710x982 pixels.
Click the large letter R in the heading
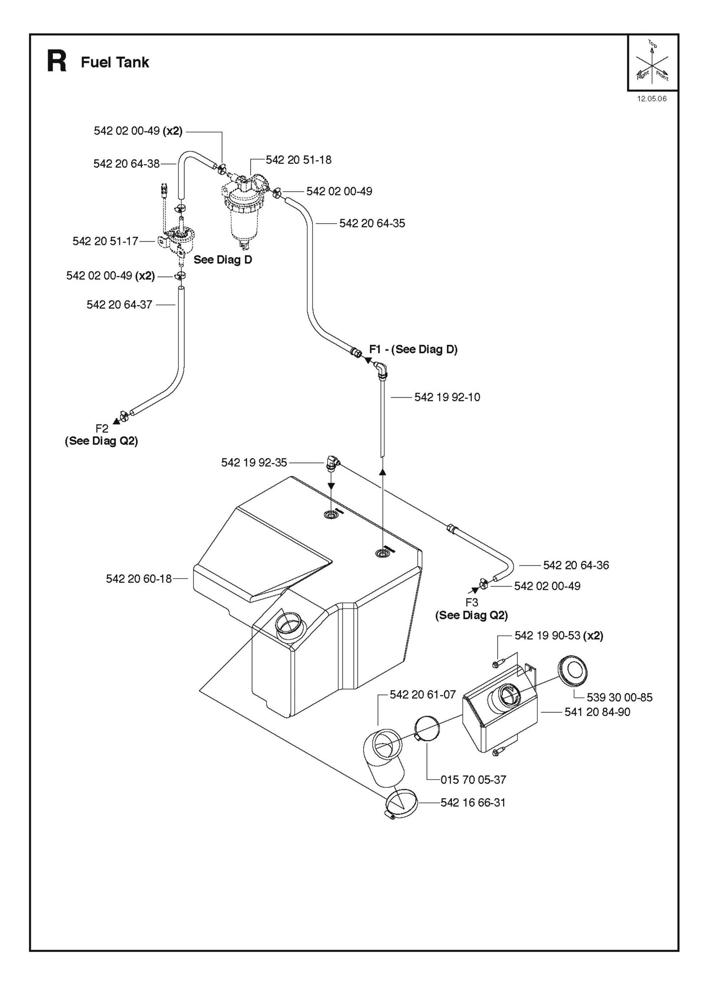[57, 62]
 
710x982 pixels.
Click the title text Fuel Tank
[115, 62]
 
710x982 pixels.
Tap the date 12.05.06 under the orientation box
[652, 99]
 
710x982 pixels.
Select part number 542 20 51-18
[298, 160]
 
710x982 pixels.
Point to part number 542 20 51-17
[105, 241]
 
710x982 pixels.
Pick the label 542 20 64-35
[372, 224]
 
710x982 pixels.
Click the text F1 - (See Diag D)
[413, 349]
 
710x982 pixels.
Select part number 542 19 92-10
[447, 397]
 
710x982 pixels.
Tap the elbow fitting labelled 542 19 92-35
[333, 462]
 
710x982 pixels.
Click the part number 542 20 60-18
[139, 579]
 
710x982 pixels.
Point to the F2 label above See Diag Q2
[102, 429]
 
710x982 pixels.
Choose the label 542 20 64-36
[576, 565]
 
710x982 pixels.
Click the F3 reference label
[472, 603]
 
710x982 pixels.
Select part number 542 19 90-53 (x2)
[559, 636]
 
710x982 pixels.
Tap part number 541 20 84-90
[597, 712]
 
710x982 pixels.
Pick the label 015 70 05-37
[473, 780]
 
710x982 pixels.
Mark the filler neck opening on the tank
[289, 624]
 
